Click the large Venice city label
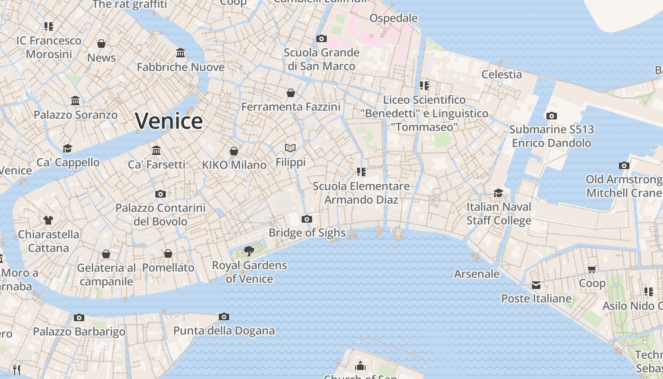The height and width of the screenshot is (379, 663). [169, 121]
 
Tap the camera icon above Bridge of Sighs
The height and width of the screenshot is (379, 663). [307, 219]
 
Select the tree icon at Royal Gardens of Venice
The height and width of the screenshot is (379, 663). [249, 251]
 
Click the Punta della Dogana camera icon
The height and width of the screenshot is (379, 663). [224, 316]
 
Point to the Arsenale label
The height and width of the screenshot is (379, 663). [476, 274]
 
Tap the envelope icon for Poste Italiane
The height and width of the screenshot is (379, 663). [536, 285]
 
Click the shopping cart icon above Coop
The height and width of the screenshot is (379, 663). [591, 270]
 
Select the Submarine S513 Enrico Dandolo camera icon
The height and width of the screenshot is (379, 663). [551, 116]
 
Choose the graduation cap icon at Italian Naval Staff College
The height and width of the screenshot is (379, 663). [498, 193]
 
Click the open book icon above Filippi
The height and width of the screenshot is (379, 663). [290, 148]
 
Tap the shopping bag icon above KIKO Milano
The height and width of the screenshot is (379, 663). [233, 151]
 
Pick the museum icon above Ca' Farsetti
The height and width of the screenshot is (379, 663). [156, 151]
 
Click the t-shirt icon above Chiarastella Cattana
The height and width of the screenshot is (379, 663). [48, 220]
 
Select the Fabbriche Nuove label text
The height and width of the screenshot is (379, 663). [180, 67]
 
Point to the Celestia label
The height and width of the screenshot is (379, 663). [502, 74]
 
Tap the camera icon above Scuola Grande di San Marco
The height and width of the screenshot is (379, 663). [322, 38]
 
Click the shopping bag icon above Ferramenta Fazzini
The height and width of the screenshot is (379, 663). [290, 93]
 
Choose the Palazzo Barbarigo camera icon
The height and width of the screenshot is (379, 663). [79, 317]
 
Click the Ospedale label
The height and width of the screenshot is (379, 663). [394, 18]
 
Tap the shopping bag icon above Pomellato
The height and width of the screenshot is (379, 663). [168, 253]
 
